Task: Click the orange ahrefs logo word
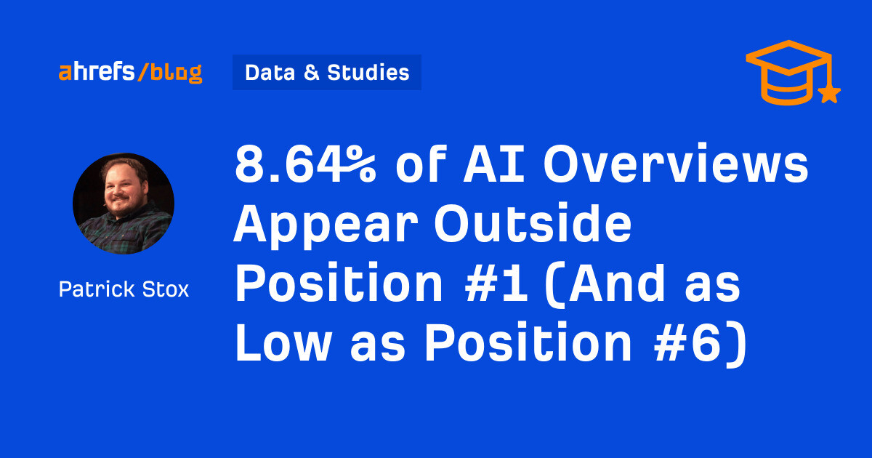pos(97,73)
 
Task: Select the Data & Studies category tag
pos(327,73)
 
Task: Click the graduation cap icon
pos(789,73)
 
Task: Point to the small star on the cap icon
pos(829,93)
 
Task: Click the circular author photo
pos(124,203)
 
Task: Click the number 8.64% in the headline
pos(305,168)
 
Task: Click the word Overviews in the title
pos(676,168)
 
